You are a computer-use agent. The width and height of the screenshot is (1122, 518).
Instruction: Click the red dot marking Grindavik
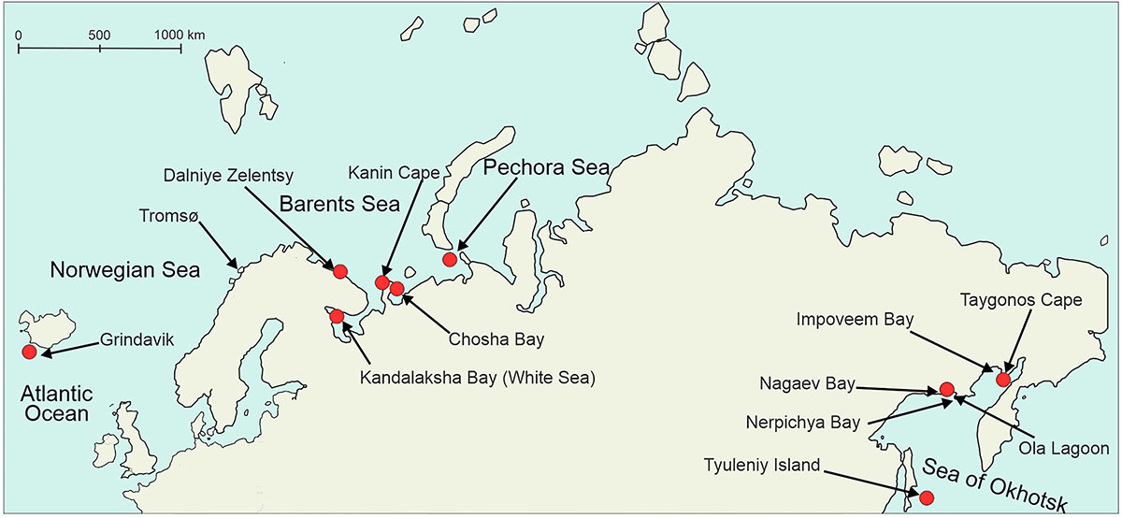coord(29,352)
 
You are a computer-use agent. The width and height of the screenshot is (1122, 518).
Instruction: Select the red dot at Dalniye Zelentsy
coord(340,271)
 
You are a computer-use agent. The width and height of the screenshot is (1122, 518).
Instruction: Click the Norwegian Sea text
coord(124,271)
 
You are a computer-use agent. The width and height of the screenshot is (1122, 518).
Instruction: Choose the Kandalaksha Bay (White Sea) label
coord(477,378)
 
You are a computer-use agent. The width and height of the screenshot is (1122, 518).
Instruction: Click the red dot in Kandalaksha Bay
coord(337,316)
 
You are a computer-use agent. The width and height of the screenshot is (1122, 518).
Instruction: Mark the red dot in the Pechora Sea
coord(450,259)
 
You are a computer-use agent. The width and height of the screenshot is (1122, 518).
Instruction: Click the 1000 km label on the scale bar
coord(181,35)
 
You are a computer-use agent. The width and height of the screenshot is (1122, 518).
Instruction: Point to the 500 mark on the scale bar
coord(100,35)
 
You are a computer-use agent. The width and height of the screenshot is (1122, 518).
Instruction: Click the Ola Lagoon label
coord(1065,449)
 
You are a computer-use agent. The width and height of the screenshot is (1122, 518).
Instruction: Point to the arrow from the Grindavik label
coord(70,348)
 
